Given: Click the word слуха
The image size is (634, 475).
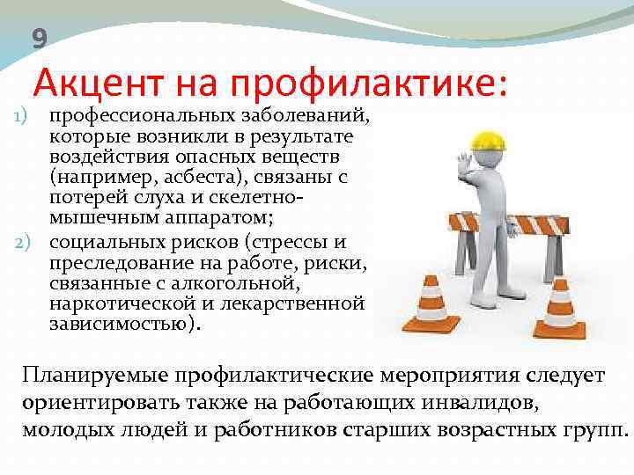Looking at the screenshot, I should pos(162,197).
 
